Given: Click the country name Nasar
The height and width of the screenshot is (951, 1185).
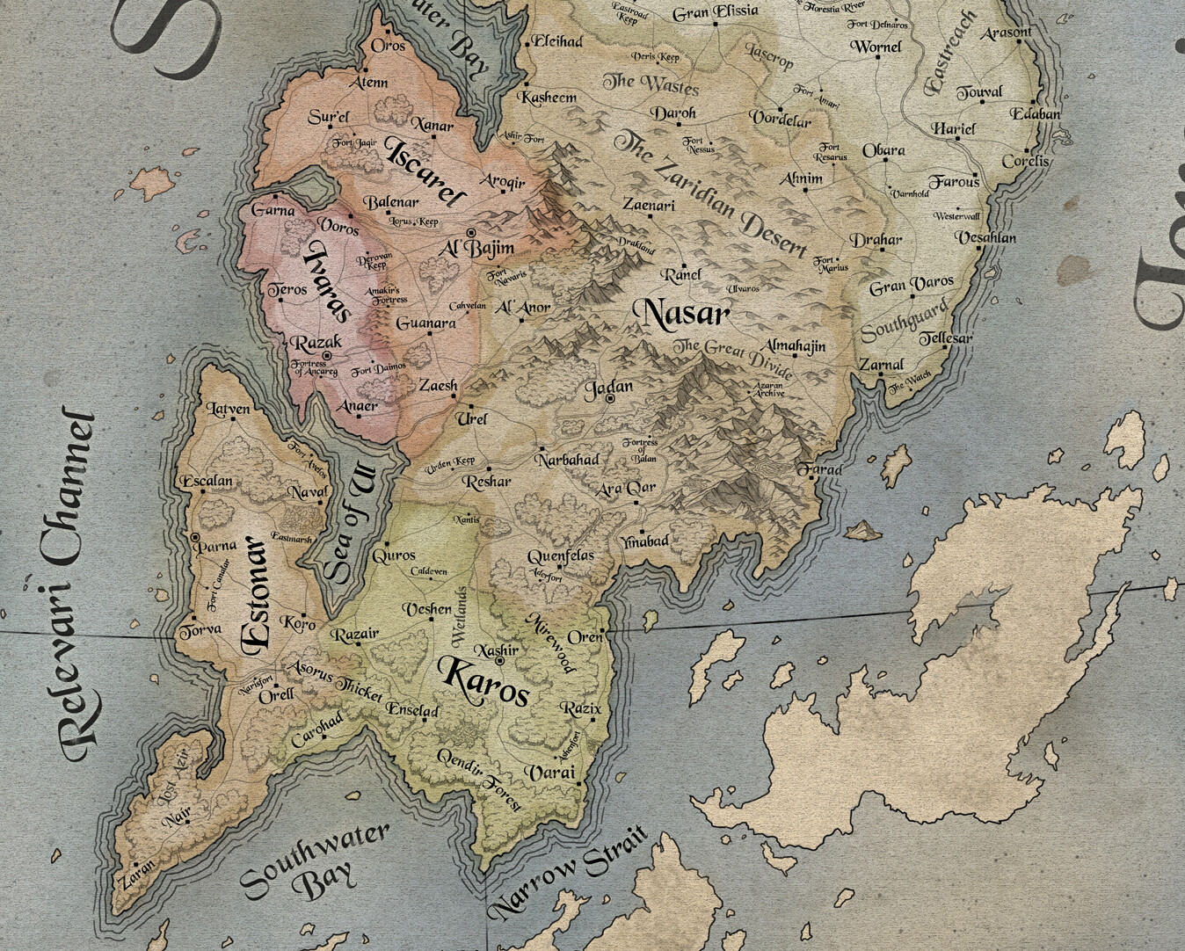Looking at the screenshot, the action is (687, 314).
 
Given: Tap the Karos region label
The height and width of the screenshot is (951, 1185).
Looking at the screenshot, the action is (485, 681).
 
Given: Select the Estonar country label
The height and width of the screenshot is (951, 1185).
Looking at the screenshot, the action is (255, 594).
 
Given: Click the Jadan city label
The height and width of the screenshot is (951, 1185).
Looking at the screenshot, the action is (608, 388).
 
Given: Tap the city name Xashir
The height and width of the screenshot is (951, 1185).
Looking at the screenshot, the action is (497, 650).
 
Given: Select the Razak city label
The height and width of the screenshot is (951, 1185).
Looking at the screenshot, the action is (316, 343).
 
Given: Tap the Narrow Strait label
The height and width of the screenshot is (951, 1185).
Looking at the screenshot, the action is (567, 872).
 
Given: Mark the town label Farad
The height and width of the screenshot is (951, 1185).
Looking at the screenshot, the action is (819, 470).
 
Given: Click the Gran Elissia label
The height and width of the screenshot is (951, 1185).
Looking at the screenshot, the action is (715, 12).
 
